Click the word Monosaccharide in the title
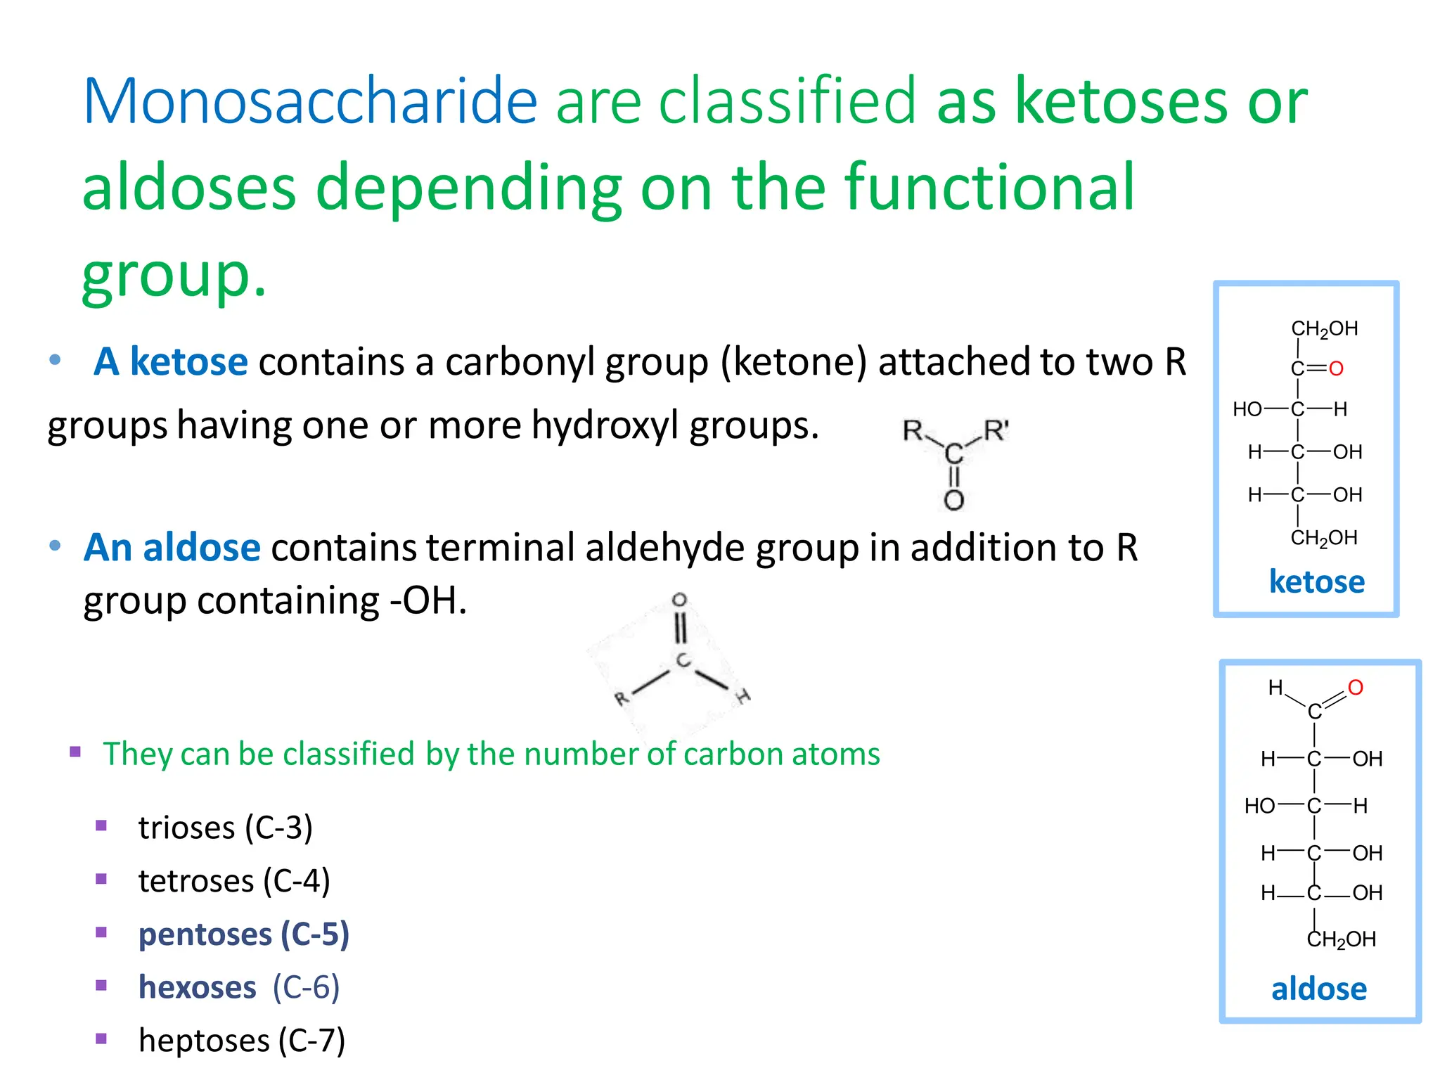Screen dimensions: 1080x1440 coord(310,102)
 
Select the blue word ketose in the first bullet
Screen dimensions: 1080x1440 coord(188,362)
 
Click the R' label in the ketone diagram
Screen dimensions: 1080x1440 coord(996,430)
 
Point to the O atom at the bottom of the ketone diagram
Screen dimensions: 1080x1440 coord(953,501)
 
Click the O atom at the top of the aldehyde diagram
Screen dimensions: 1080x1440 coord(679,600)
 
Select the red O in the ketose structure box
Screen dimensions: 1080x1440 coord(1336,368)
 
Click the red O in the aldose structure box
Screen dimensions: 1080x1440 coord(1356,688)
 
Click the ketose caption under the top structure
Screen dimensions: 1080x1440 coord(1316,582)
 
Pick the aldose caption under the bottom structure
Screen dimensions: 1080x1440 coord(1319,989)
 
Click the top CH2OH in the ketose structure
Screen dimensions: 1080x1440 coord(1324,329)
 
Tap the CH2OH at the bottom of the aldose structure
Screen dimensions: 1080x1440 coord(1341,939)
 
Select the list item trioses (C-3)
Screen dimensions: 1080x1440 coord(225,828)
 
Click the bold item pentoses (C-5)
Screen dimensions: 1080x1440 coord(243,934)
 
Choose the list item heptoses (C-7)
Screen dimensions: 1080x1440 coord(242,1041)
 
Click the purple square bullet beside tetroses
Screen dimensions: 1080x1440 coord(101,879)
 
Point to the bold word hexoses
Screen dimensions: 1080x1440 coord(197,987)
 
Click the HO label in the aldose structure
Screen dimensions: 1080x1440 coord(1259,806)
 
